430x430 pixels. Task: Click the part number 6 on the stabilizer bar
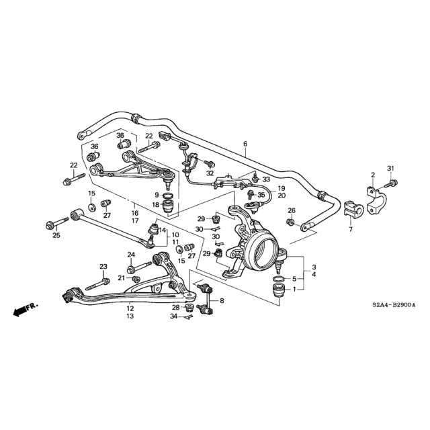tap(245, 144)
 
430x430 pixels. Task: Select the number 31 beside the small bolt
tap(390, 167)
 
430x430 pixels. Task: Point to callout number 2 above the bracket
tap(372, 175)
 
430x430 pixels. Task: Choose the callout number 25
tap(56, 235)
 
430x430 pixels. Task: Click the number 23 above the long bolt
tap(103, 267)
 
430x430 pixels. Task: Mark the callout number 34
tap(173, 316)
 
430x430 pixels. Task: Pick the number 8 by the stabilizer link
tap(222, 300)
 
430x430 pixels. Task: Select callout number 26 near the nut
tap(292, 211)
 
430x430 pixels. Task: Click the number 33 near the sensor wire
tap(266, 179)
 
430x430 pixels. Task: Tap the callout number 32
tap(210, 173)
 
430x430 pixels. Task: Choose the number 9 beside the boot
tap(157, 195)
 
